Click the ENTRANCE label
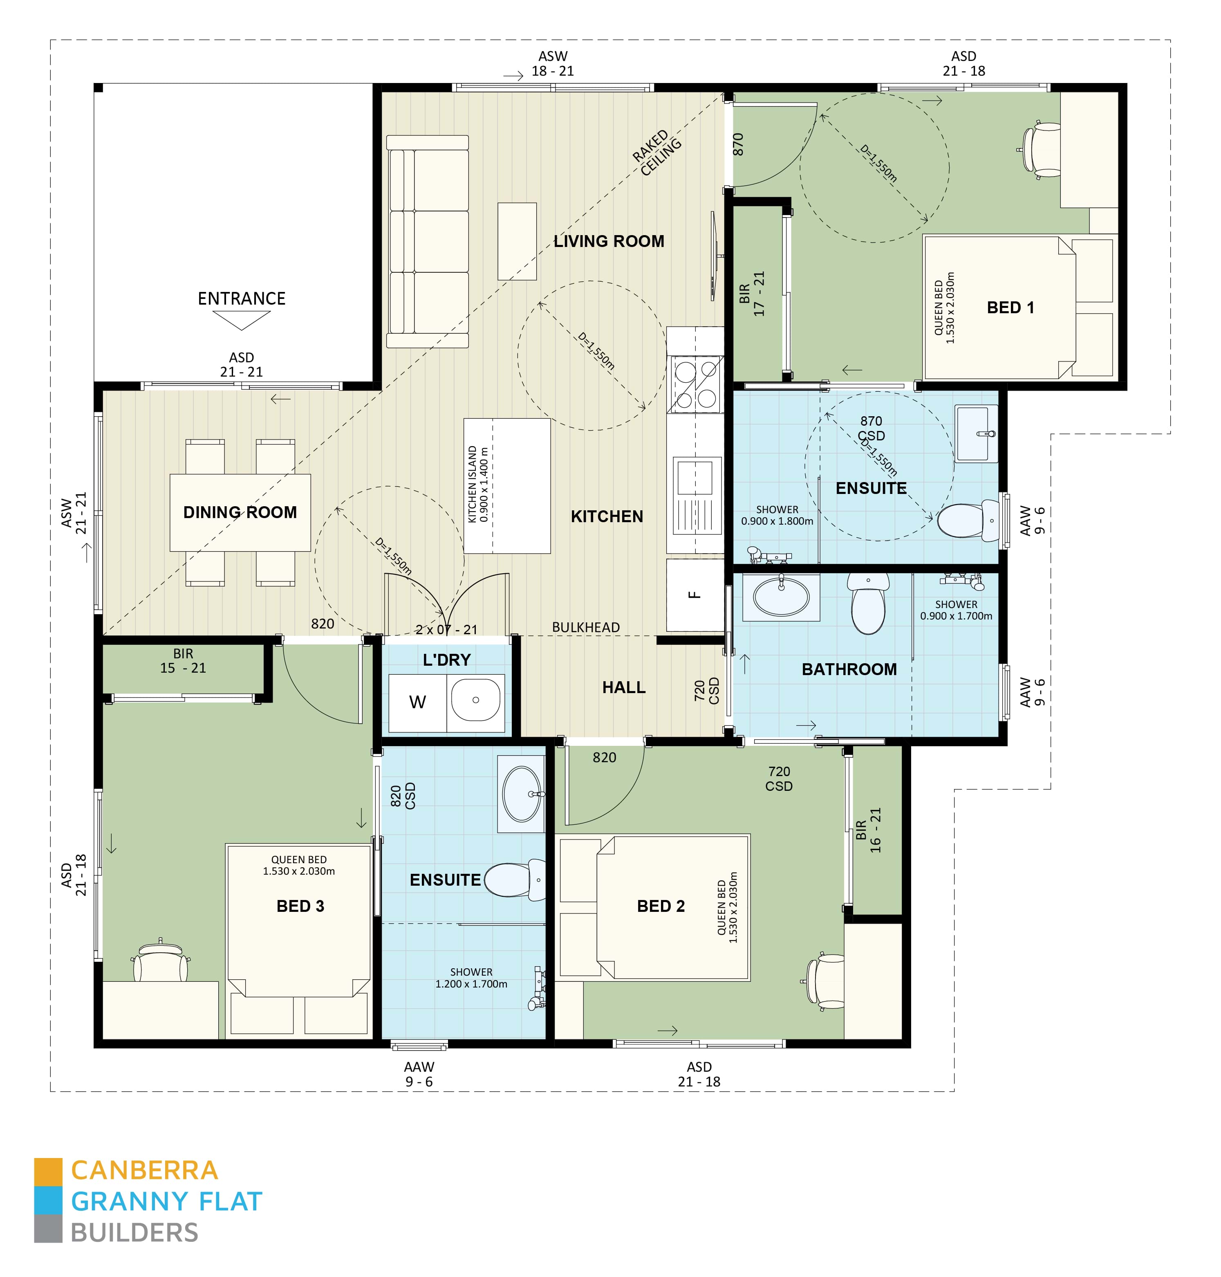[x=242, y=298]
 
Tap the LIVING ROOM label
[x=609, y=242]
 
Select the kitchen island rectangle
[x=507, y=486]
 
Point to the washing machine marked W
[x=417, y=702]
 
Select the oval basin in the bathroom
[x=780, y=597]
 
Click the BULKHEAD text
[x=586, y=627]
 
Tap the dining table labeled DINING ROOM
[x=240, y=512]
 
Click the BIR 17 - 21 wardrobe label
[x=752, y=294]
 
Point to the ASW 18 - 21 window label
[x=553, y=64]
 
